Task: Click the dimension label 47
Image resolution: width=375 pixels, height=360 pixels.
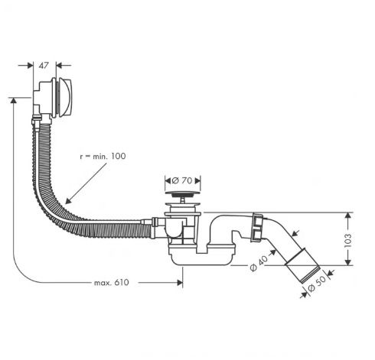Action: click(44, 66)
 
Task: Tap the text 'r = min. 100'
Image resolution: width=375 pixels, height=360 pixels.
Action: click(103, 156)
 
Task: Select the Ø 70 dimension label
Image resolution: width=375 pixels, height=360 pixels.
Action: click(182, 180)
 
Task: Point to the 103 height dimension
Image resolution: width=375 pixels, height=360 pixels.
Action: click(348, 240)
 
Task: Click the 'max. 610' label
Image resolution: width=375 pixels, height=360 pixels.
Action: click(112, 283)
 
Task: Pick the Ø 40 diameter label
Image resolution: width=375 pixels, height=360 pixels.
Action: click(259, 264)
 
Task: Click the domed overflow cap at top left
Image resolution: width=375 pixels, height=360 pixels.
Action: click(66, 97)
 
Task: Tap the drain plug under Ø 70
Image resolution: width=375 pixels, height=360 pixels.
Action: click(182, 194)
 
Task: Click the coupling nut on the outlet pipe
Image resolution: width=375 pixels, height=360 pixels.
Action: click(257, 227)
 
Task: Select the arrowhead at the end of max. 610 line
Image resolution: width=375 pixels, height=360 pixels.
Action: click(180, 283)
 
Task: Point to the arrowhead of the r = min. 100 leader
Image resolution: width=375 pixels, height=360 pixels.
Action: click(67, 201)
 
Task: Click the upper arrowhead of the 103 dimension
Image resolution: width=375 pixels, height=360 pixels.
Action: click(348, 216)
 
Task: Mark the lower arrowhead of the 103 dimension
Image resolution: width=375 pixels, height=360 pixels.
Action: click(348, 261)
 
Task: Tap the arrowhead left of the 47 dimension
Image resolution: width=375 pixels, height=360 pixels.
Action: click(30, 66)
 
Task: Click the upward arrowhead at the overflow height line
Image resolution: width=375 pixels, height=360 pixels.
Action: click(13, 100)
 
